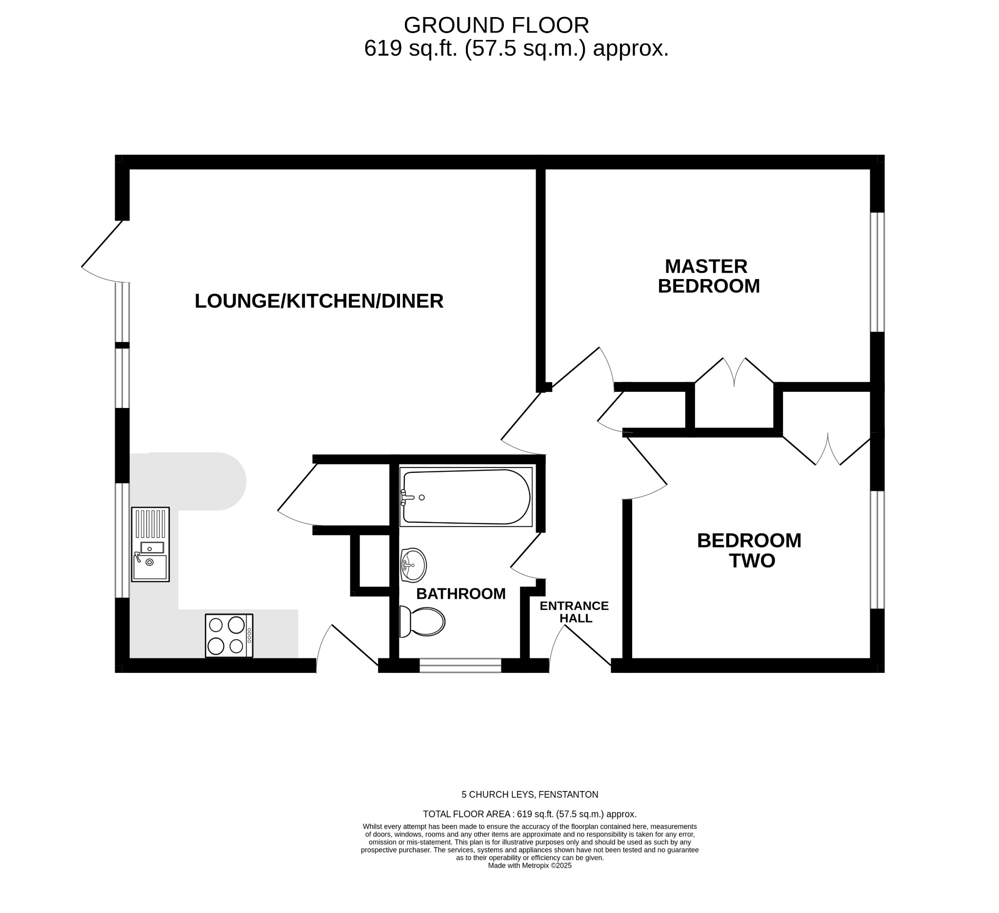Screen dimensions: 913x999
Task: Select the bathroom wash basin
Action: (x=414, y=565)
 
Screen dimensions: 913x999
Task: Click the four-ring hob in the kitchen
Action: (x=229, y=635)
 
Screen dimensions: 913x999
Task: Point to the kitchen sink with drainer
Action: (x=150, y=544)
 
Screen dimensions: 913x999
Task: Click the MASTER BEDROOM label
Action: (x=708, y=277)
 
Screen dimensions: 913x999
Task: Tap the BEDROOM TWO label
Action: (x=749, y=550)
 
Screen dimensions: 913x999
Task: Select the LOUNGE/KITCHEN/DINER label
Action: (x=319, y=302)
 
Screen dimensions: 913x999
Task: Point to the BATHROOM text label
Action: (x=461, y=594)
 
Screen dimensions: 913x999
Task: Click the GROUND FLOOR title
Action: (x=496, y=25)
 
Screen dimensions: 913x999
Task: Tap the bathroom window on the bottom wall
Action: (x=460, y=665)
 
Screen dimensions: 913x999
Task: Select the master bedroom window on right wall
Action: (x=877, y=272)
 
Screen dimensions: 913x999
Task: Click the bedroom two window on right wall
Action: (x=877, y=549)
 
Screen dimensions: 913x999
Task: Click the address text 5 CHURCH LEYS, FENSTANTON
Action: (x=530, y=794)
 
